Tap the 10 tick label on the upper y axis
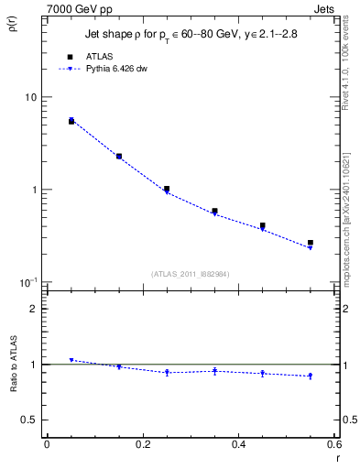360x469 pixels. tap(31, 97)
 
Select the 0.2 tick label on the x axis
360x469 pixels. tap(142, 444)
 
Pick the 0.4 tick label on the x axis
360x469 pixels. tap(238, 444)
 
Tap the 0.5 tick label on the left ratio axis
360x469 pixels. tap(31, 420)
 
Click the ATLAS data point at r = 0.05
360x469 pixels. tap(71, 121)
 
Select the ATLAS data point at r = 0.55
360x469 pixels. tap(311, 243)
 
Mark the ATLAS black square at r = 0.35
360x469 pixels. tap(214, 211)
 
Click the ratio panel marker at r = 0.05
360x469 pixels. tap(71, 360)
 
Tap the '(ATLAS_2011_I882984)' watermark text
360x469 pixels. tap(191, 273)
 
